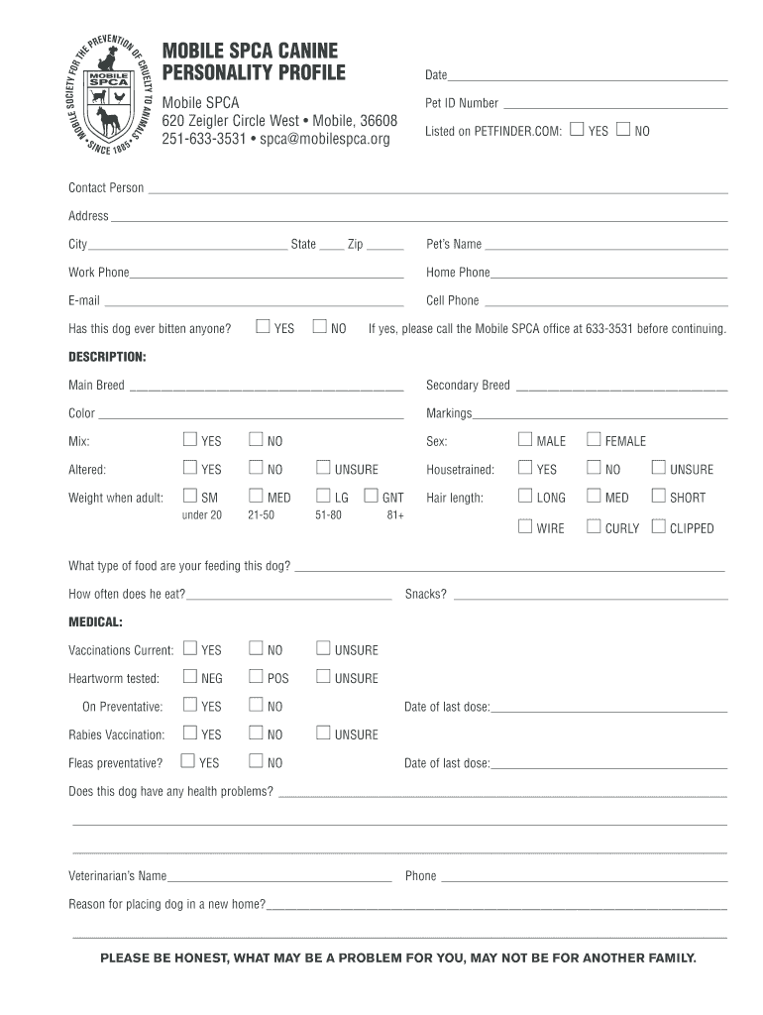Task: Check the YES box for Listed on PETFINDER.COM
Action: coord(577,129)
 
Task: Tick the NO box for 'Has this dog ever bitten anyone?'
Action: coord(319,326)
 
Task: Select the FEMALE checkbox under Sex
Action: coord(594,439)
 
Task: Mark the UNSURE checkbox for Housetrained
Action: coord(658,468)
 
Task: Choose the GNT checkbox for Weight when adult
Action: coord(371,496)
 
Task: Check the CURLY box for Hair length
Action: coord(594,526)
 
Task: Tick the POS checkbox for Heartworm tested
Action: coord(256,677)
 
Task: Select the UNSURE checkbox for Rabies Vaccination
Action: coord(323,733)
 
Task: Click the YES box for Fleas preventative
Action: coord(187,761)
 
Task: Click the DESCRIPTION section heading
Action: coord(107,356)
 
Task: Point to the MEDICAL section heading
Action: coord(95,621)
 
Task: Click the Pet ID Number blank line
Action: coord(614,107)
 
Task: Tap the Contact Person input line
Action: coord(436,191)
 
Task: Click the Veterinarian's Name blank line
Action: coord(279,880)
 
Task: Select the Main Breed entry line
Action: coord(266,389)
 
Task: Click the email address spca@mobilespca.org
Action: coord(325,139)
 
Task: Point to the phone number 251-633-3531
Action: coord(204,139)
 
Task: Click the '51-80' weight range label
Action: coord(328,515)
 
